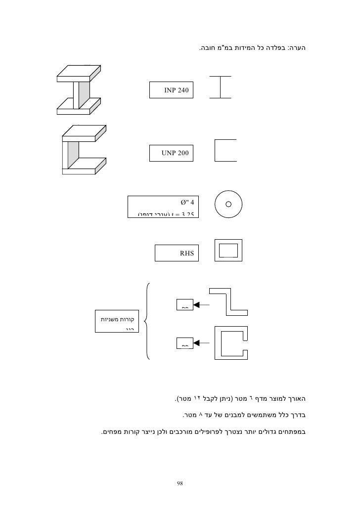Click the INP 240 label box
pyautogui.click(x=172, y=90)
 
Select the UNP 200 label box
pyautogui.click(x=172, y=153)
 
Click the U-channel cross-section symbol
pyautogui.click(x=225, y=150)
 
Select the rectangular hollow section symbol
pyautogui.click(x=228, y=250)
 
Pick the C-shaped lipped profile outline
pyautogui.click(x=231, y=342)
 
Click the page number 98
pyautogui.click(x=180, y=482)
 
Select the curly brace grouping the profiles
pyautogui.click(x=148, y=321)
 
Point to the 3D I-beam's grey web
pyautogui.click(x=85, y=95)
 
